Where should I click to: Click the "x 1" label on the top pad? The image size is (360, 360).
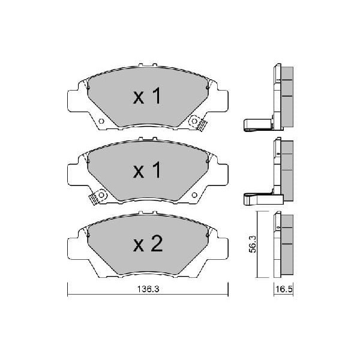(147, 96)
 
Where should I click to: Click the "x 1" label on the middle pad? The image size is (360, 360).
(147, 170)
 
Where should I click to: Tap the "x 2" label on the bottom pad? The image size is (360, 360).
(148, 244)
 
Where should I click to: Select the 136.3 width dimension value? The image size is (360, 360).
(148, 289)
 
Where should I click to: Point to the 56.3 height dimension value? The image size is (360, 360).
(253, 244)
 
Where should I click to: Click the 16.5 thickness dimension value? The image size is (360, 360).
(284, 289)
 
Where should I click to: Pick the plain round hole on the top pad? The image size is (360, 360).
(101, 121)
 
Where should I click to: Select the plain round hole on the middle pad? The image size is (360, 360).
(194, 195)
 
